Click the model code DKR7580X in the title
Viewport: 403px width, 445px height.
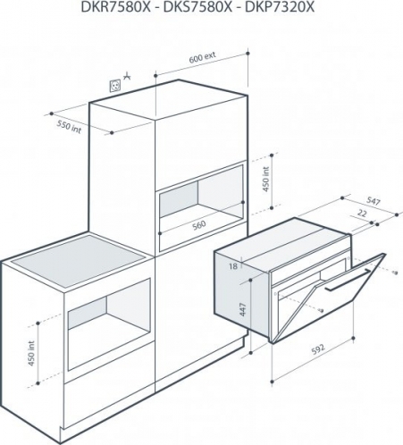point(116,6)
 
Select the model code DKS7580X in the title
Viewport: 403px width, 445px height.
point(197,6)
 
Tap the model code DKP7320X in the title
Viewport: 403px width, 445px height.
point(279,6)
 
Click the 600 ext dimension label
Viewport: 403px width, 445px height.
point(202,57)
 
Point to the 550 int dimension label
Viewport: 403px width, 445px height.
point(69,127)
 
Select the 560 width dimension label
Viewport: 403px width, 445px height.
point(199,225)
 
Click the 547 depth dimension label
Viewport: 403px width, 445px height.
point(373,202)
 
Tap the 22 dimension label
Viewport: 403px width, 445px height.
point(362,214)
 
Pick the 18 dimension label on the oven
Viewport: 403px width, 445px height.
point(233,266)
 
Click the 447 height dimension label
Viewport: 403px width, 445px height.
point(243,309)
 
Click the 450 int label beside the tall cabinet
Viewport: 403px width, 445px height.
point(266,180)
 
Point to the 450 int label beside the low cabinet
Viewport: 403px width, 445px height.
point(31,354)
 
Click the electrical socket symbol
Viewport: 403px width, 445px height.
point(115,86)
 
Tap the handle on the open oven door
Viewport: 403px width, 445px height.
point(348,280)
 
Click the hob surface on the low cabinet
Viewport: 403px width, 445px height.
point(78,261)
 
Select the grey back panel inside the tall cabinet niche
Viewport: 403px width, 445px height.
point(179,199)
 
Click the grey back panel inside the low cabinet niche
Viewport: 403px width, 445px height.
point(88,313)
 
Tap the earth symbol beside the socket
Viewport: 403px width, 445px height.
point(128,76)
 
